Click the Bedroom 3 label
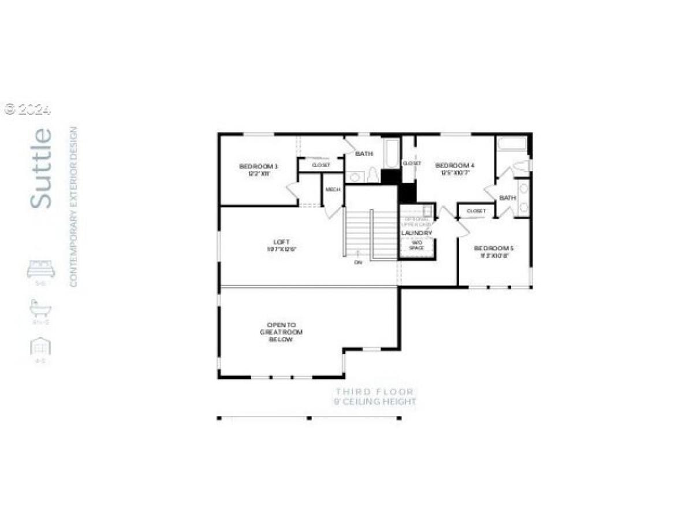tap(255, 167)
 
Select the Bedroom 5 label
tap(493, 248)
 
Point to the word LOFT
tap(282, 242)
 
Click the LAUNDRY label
tap(416, 233)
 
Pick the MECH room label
tap(333, 190)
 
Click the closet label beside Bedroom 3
tap(321, 165)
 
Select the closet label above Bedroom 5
tap(476, 211)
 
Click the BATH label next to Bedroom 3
tap(364, 154)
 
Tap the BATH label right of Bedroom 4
tap(507, 198)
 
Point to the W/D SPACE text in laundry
tap(416, 245)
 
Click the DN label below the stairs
tap(358, 262)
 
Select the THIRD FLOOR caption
tap(374, 392)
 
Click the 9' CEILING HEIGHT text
tap(374, 402)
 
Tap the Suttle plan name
tap(41, 168)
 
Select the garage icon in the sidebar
tap(40, 347)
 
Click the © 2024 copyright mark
tap(28, 109)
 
